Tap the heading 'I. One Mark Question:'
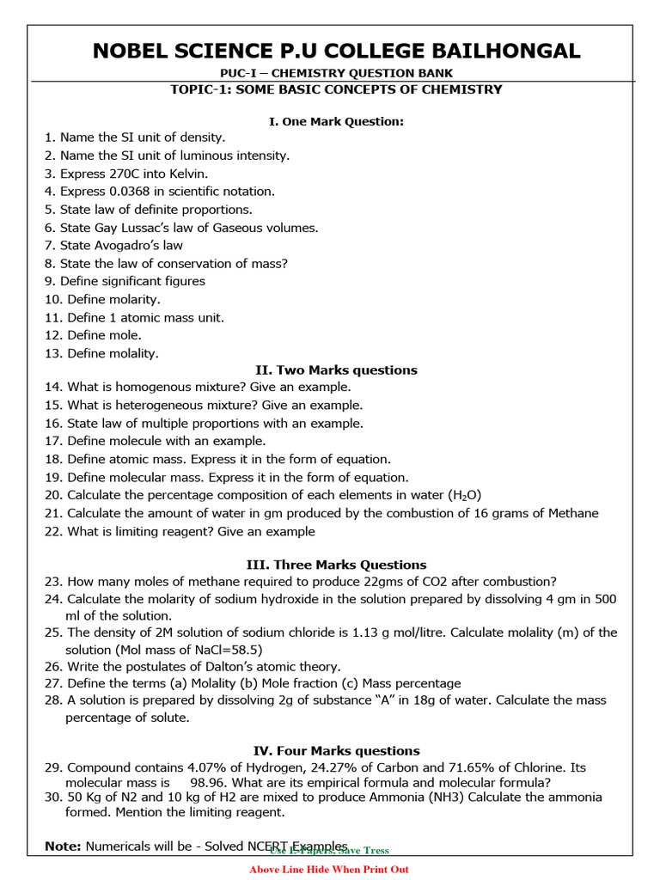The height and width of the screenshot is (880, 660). [x=336, y=121]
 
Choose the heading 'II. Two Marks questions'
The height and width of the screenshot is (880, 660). [x=336, y=370]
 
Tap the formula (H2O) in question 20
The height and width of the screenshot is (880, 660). [x=465, y=496]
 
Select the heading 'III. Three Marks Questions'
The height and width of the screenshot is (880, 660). [x=336, y=565]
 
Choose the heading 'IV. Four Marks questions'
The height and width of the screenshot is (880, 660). [x=336, y=751]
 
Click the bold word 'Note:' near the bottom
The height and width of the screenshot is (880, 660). [x=63, y=846]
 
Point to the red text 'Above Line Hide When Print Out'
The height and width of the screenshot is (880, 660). [x=329, y=870]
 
